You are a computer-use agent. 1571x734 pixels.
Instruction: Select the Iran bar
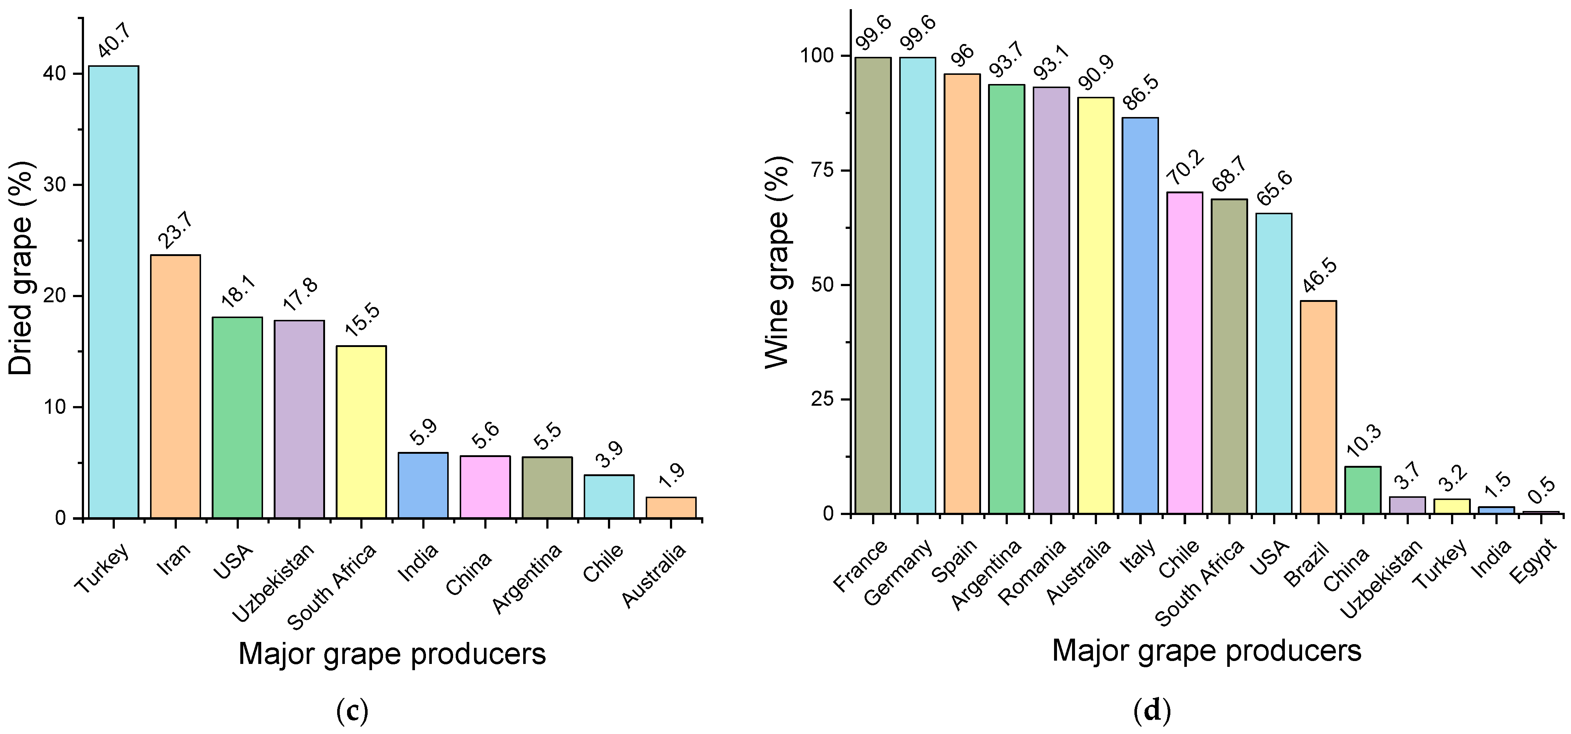(x=176, y=387)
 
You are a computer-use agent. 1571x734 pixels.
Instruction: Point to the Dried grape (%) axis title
(x=21, y=268)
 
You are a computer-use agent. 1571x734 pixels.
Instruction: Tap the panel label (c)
(x=353, y=710)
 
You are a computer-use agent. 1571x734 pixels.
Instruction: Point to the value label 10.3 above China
(x=1364, y=441)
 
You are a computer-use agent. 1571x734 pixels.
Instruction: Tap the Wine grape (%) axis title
(x=777, y=262)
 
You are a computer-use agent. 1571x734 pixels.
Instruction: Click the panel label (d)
(x=1151, y=710)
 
